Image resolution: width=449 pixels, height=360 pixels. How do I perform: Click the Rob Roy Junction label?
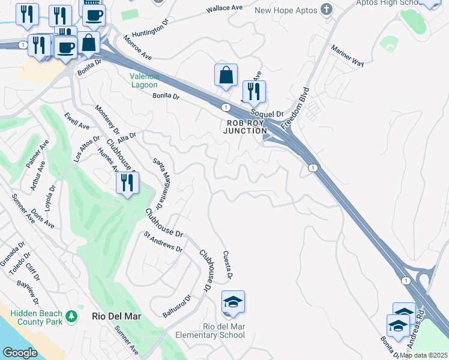(246, 127)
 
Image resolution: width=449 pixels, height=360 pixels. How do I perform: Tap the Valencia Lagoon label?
(145, 80)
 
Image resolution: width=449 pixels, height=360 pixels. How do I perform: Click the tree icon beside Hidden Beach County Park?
(71, 315)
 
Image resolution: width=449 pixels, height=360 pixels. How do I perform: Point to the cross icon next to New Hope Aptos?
(327, 10)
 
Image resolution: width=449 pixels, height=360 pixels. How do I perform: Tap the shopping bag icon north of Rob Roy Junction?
(226, 76)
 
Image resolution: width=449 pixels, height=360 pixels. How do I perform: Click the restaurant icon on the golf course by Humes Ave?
(127, 184)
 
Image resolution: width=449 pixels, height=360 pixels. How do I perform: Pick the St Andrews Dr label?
(162, 244)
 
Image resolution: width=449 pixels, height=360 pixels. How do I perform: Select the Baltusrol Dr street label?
(176, 306)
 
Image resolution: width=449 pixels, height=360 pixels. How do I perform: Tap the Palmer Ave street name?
(37, 155)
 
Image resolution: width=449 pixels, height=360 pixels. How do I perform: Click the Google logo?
(20, 353)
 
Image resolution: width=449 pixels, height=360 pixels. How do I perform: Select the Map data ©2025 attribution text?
(423, 355)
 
